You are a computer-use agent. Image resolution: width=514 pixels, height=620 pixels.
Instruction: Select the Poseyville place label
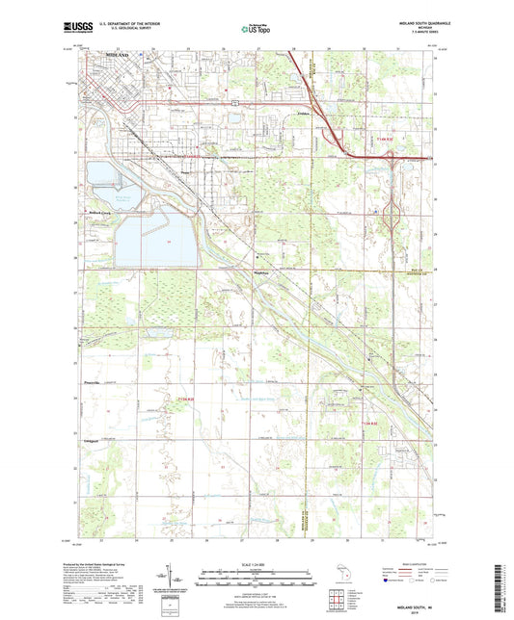pos(90,382)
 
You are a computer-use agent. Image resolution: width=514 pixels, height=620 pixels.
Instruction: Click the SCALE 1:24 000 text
pos(257,564)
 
